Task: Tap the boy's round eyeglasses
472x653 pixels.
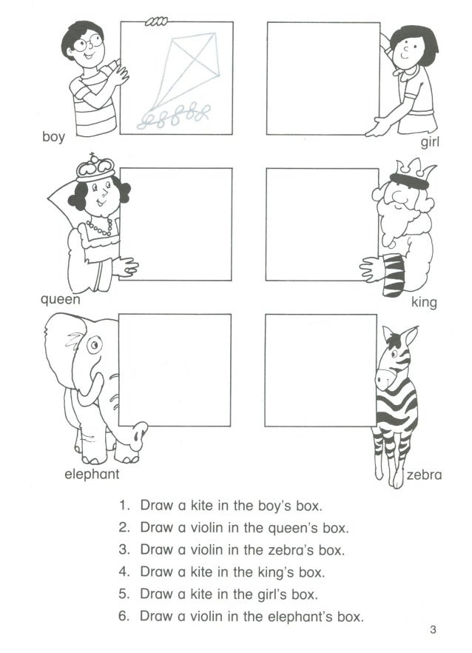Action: click(88, 43)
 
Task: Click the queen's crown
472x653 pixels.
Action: click(95, 167)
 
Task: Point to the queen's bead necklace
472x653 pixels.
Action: click(100, 228)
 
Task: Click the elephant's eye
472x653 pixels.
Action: click(95, 344)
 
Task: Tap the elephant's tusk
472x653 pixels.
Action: click(91, 389)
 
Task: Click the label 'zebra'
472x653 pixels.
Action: click(424, 475)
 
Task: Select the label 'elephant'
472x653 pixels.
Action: click(92, 475)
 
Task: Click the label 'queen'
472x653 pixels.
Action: click(61, 300)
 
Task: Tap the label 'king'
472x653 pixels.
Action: click(424, 302)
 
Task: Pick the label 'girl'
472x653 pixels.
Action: click(430, 142)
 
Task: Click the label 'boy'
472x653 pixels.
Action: click(54, 136)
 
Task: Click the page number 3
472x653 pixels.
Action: click(434, 629)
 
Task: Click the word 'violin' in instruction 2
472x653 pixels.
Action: click(206, 528)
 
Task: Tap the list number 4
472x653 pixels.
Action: click(124, 572)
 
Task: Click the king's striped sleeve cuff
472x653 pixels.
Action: click(394, 275)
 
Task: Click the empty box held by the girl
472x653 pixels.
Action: click(323, 78)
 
